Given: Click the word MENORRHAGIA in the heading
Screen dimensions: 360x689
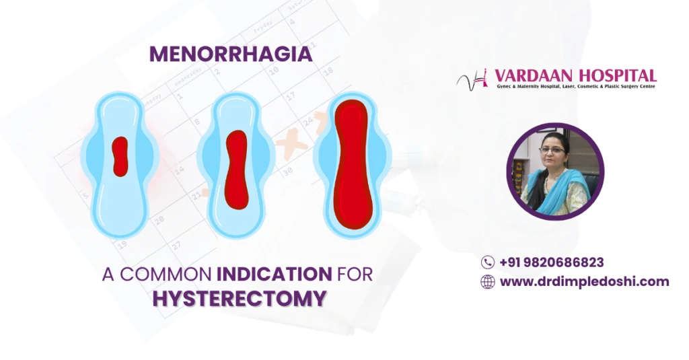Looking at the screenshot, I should [x=231, y=55].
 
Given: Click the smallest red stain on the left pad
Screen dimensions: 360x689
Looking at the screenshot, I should [x=120, y=156].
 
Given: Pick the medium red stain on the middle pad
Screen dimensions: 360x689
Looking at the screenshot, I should [x=236, y=168].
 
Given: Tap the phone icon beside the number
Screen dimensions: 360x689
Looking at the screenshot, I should [x=488, y=262].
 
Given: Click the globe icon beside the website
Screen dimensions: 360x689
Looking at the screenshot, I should [x=488, y=282].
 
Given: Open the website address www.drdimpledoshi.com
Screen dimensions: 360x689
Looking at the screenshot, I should [x=584, y=282].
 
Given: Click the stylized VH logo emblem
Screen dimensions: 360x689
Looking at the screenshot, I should [x=474, y=80].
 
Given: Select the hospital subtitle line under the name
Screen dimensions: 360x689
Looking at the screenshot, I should [x=574, y=87].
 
